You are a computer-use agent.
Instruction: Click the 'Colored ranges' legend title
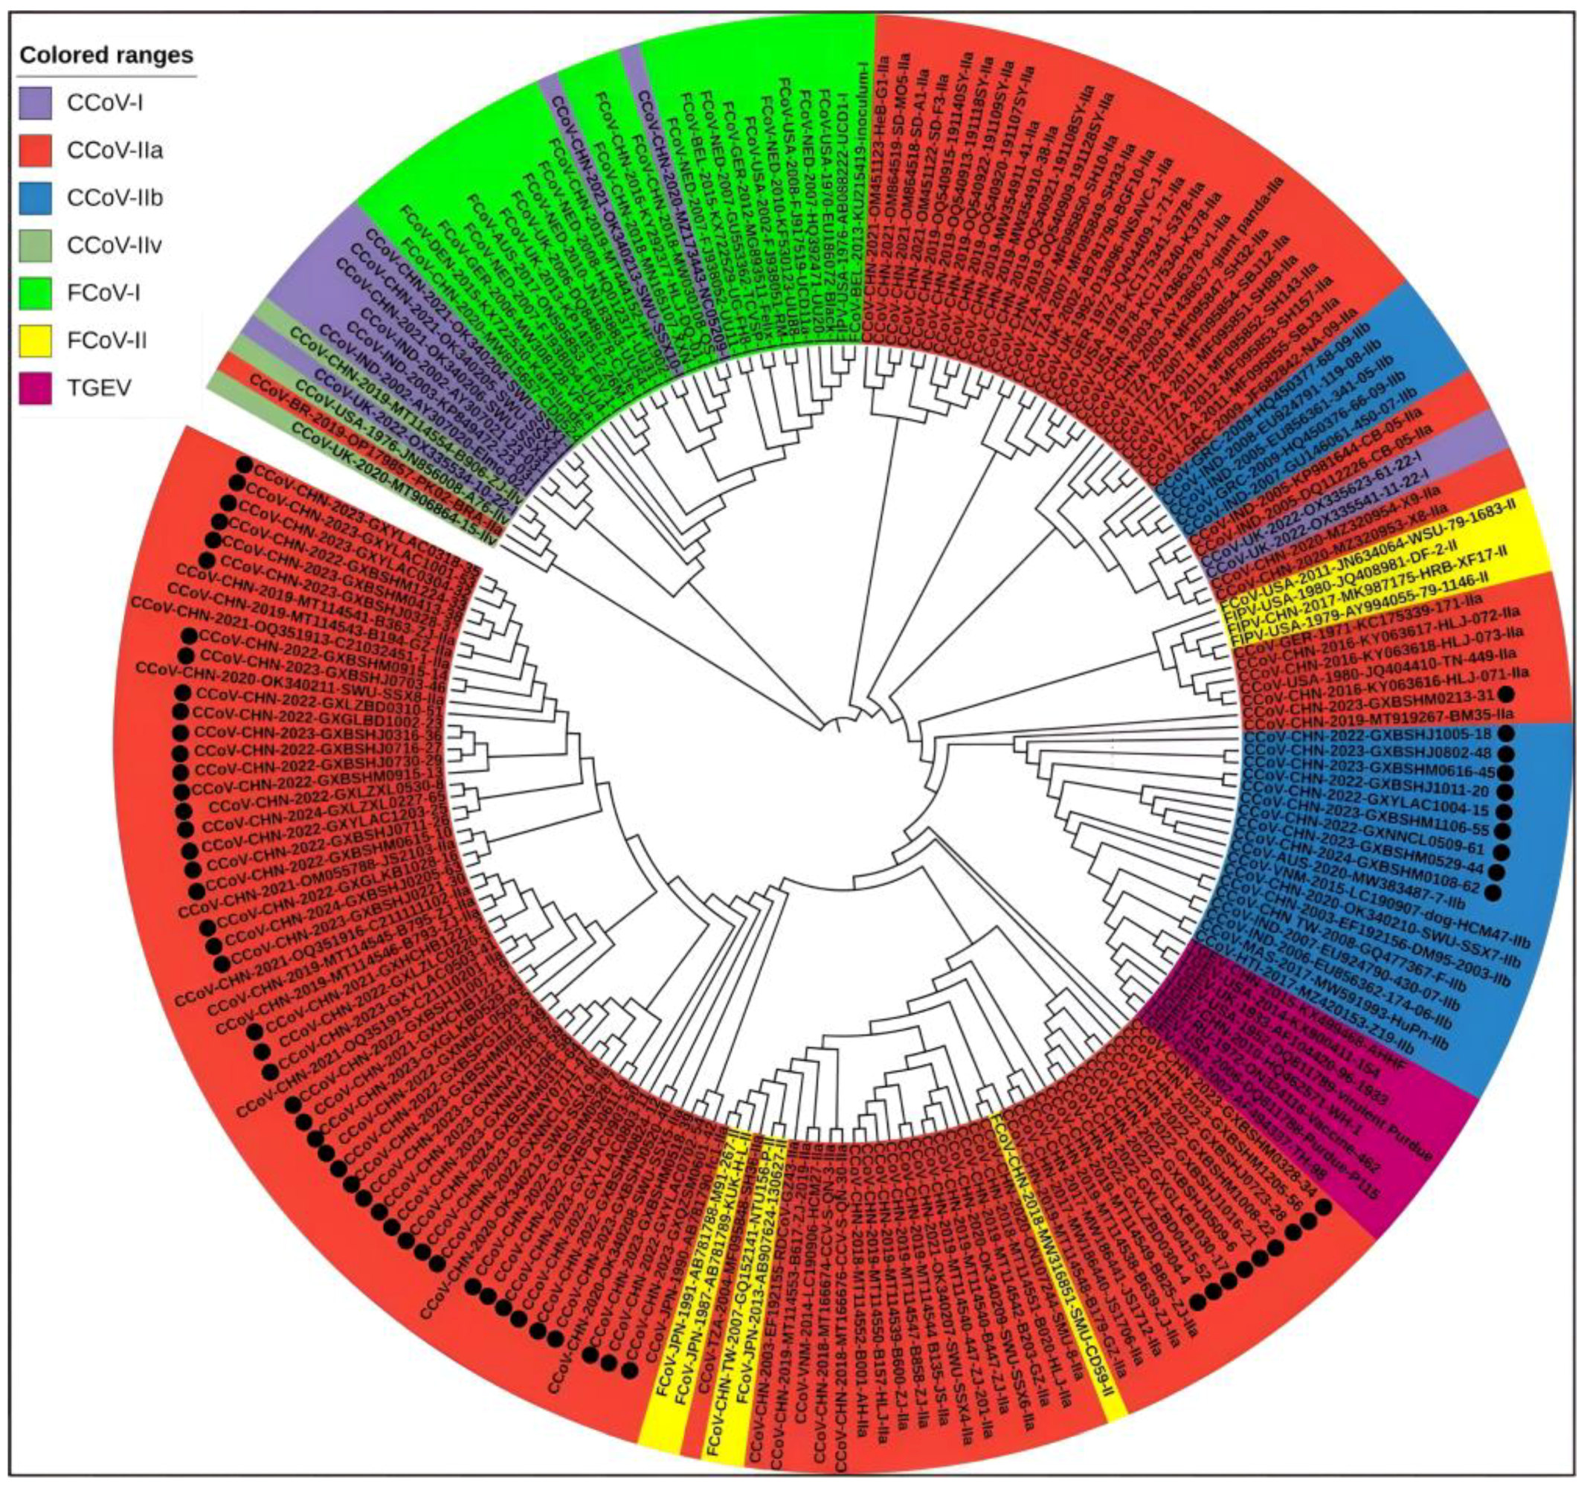tap(106, 55)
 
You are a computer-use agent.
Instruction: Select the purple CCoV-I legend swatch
tap(35, 103)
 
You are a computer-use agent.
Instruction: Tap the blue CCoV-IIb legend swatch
tap(35, 198)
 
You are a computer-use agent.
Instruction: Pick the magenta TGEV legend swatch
tap(35, 388)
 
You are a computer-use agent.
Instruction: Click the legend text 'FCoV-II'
tap(107, 341)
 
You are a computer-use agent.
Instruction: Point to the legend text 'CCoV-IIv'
tap(115, 246)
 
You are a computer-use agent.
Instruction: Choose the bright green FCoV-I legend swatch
tap(35, 293)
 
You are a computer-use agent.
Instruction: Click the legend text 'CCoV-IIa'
tap(115, 151)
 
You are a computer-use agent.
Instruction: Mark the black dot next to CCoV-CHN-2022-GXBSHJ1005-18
tap(1507, 733)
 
